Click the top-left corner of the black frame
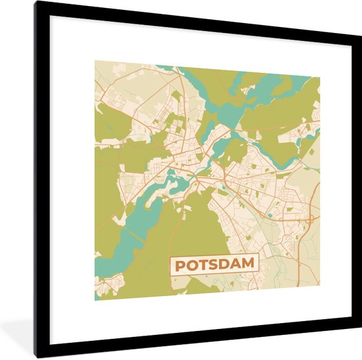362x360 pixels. [x=36, y=2]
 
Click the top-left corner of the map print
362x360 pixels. [x=95, y=61]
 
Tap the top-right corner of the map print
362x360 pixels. [x=320, y=77]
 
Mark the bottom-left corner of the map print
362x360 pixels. [x=95, y=300]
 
